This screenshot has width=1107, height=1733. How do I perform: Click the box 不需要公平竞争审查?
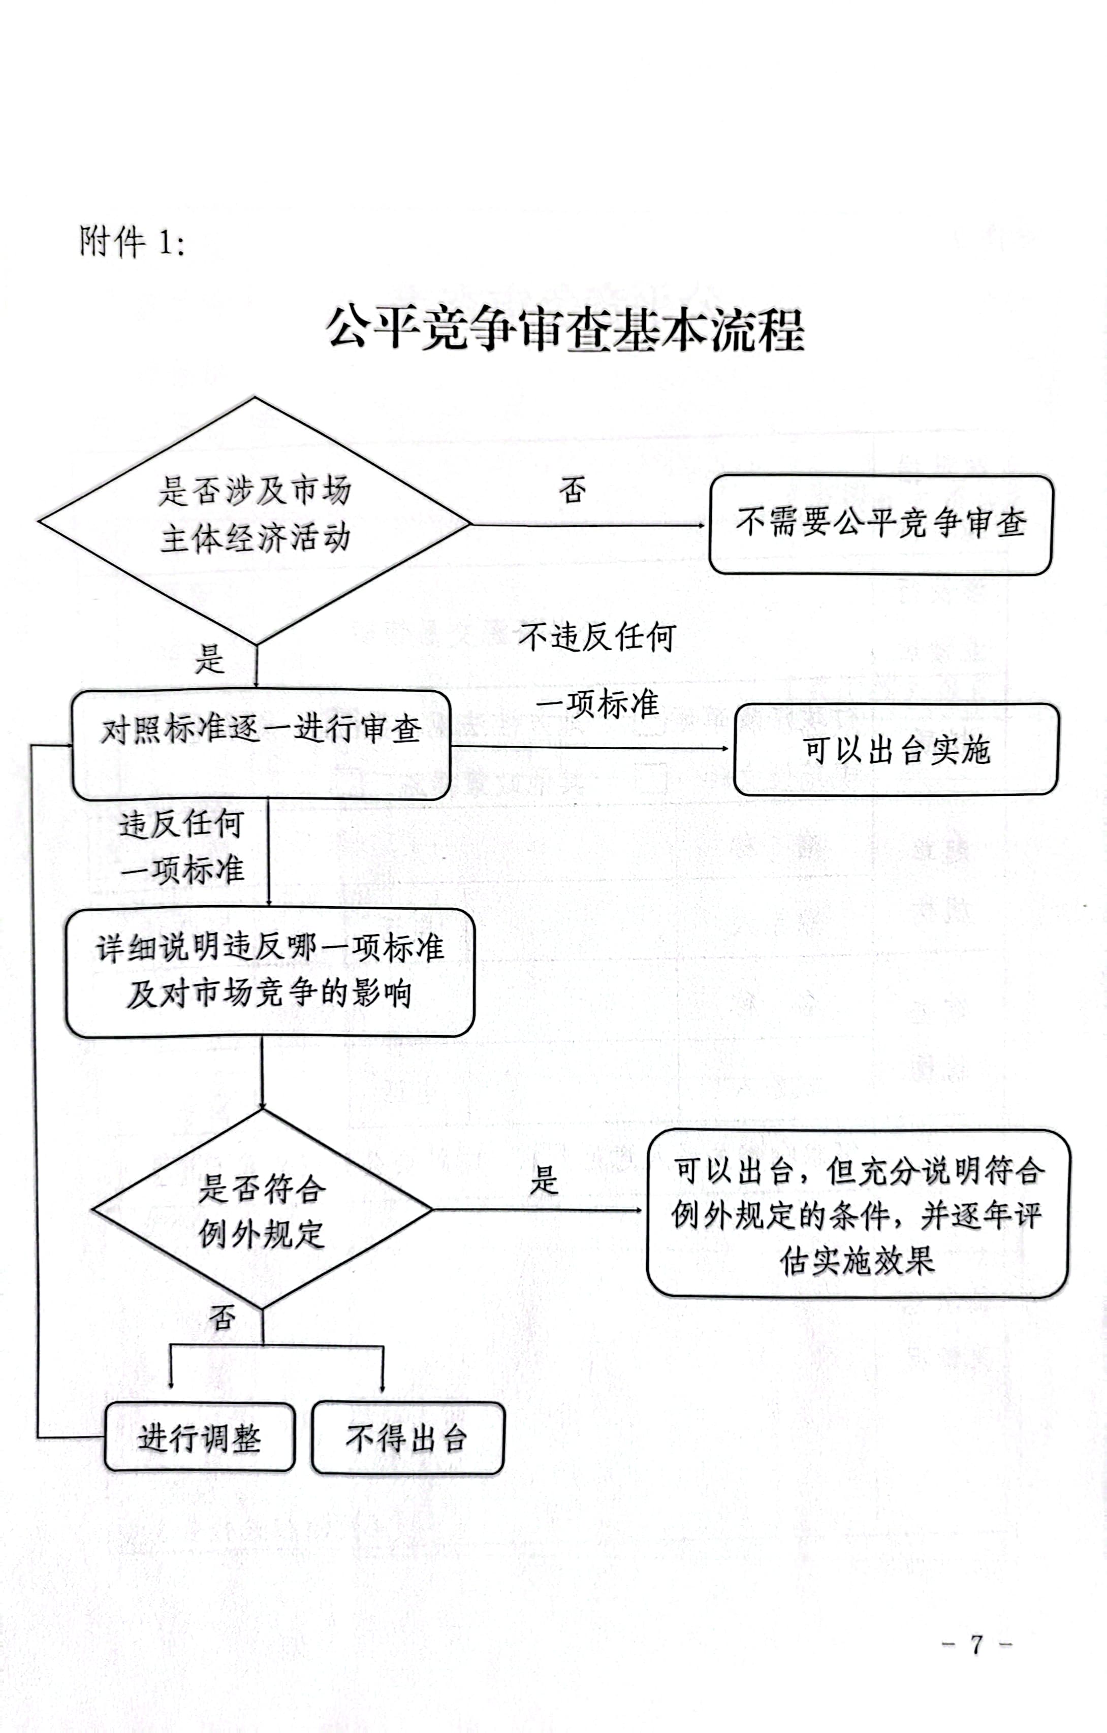(x=880, y=524)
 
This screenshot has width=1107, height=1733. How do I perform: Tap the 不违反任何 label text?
(x=597, y=637)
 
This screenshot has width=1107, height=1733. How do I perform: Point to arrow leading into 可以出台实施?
(x=590, y=748)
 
